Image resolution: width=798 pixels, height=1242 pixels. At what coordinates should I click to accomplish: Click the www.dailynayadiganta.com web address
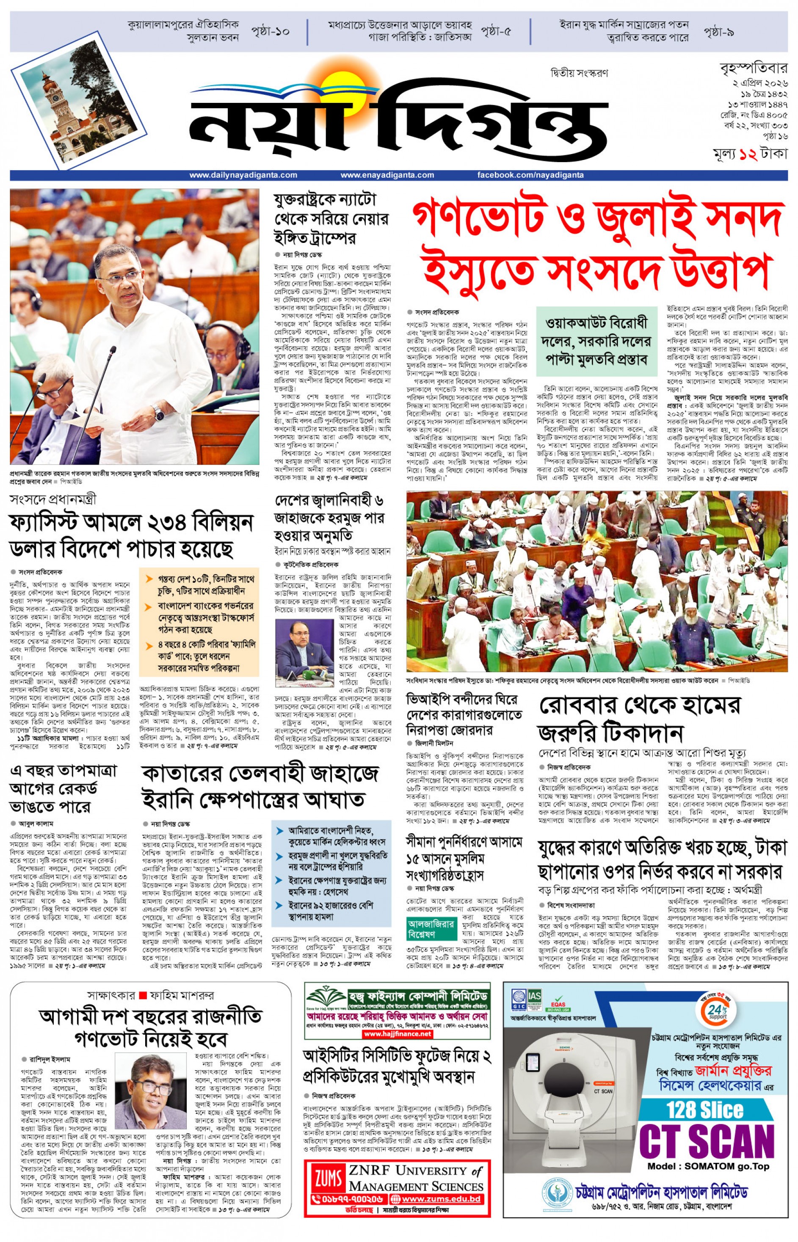(x=243, y=175)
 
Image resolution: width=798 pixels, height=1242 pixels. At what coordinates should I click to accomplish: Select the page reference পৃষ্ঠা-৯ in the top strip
(x=719, y=32)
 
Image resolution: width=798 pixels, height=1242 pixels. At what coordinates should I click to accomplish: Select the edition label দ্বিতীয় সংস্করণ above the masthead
(x=579, y=73)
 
